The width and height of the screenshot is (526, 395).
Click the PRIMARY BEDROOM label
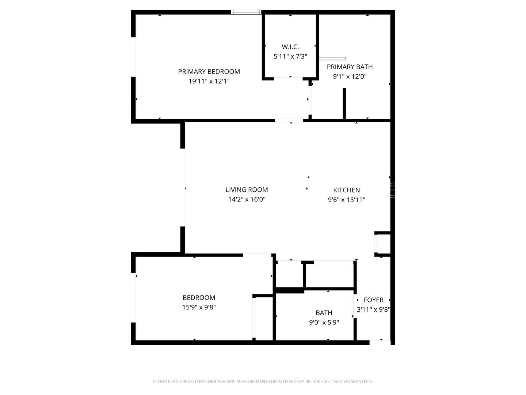[209, 72]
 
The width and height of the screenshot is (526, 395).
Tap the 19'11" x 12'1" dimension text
[209, 81]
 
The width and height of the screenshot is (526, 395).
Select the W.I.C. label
[290, 47]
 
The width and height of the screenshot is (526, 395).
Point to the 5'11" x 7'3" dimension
[290, 57]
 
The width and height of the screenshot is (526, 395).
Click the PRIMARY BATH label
[350, 67]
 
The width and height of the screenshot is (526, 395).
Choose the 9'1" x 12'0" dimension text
[350, 76]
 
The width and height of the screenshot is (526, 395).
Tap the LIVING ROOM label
[247, 190]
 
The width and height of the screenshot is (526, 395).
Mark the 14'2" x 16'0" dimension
[247, 199]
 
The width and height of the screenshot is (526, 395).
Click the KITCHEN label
[347, 190]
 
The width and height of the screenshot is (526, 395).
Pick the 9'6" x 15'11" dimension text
[347, 200]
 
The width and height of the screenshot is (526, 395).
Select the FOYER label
[374, 300]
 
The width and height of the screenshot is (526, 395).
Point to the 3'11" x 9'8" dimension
[374, 309]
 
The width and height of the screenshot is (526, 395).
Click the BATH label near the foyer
[324, 313]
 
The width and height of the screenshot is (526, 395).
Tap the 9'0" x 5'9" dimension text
[324, 323]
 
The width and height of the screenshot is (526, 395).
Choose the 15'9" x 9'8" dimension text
[199, 308]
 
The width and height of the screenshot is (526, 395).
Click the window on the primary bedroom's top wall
[247, 12]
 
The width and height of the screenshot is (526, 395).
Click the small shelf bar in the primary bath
[332, 59]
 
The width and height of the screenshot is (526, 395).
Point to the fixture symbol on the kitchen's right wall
[393, 189]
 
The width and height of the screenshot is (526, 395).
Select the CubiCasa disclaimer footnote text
[263, 382]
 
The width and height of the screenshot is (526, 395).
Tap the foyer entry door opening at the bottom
[380, 342]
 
